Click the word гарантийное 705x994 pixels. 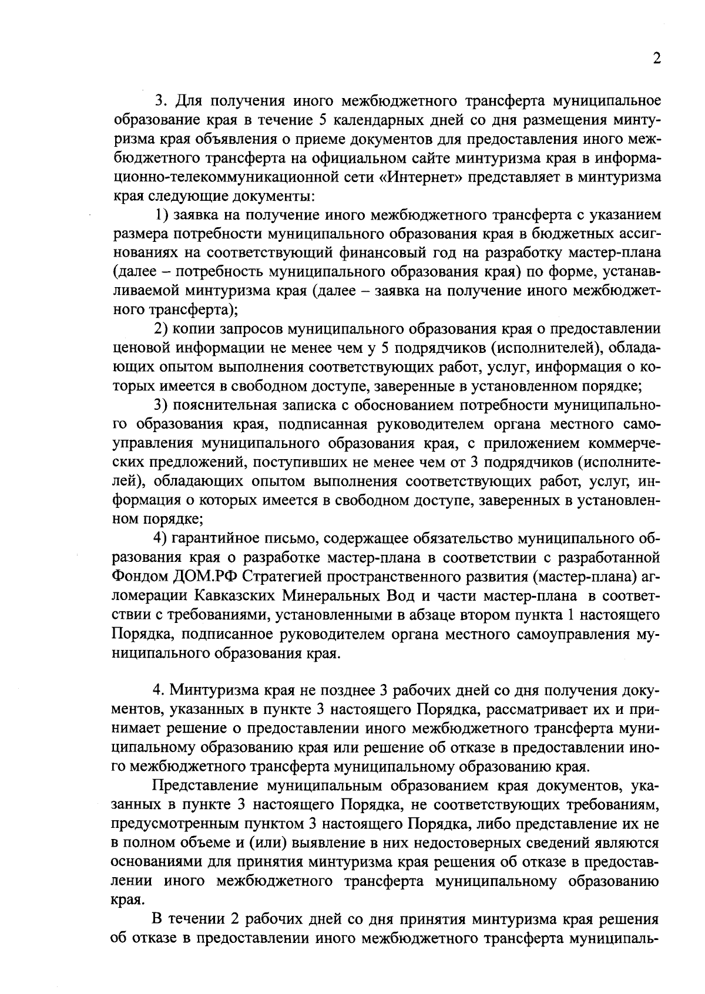216,538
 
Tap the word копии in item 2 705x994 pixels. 193,329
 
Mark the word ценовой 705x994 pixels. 138,348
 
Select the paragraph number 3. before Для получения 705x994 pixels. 160,101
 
